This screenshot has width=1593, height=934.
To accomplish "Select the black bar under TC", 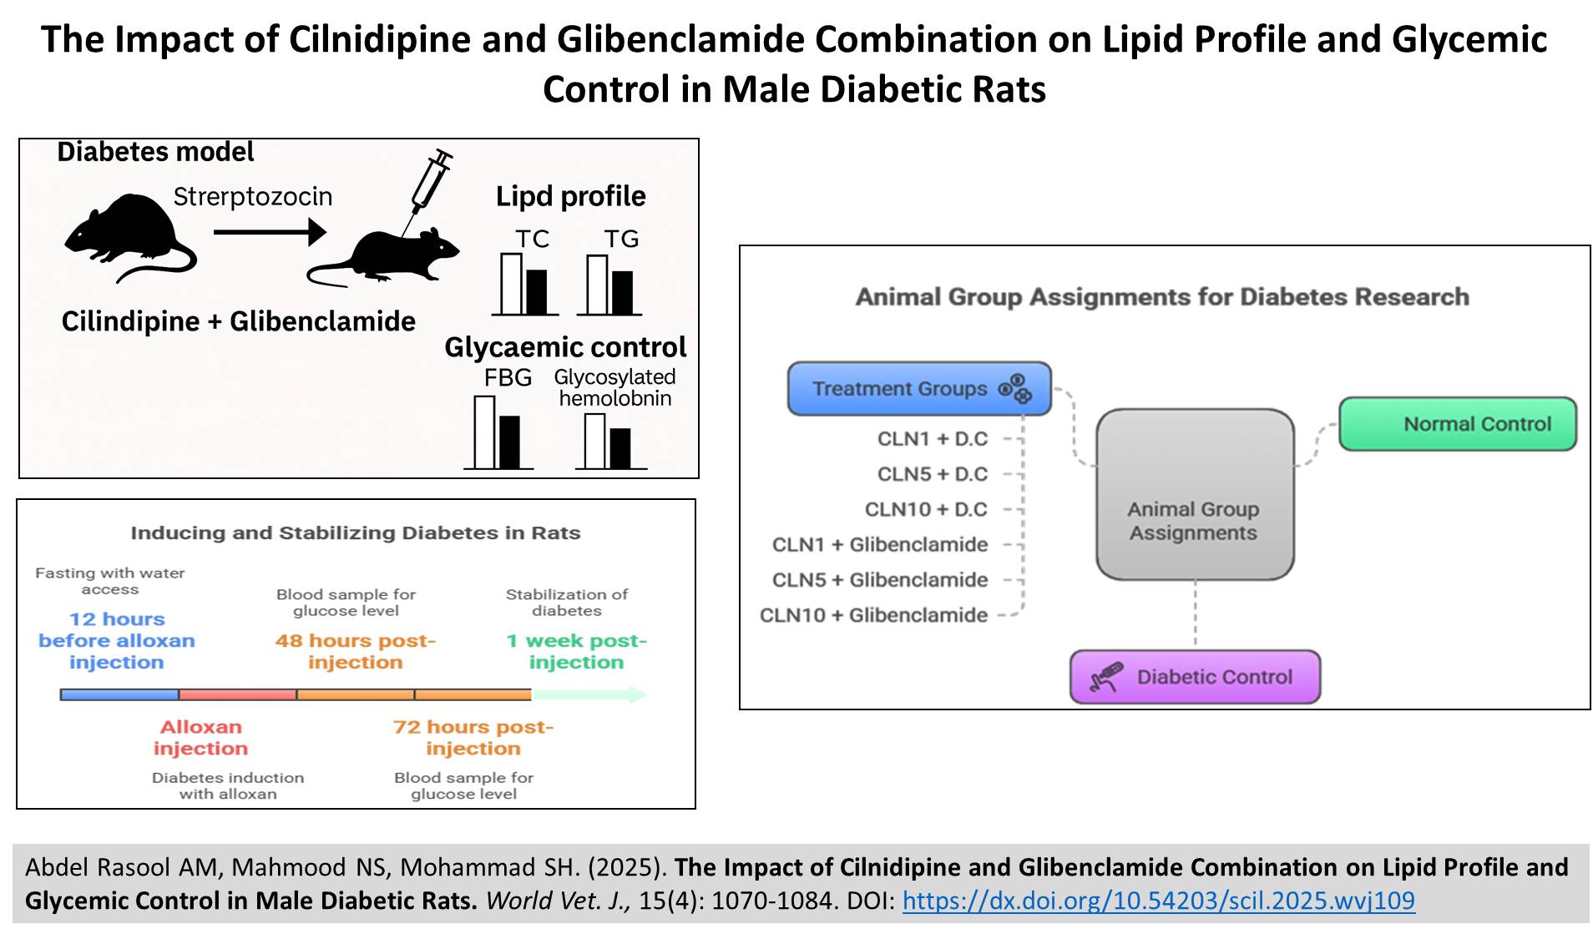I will [x=536, y=291].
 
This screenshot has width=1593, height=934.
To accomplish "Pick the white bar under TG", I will [x=597, y=285].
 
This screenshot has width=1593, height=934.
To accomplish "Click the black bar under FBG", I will [x=509, y=442].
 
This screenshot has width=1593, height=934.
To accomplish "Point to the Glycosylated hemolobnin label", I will [x=615, y=388].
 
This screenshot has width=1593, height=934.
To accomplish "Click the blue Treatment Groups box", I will [x=918, y=389].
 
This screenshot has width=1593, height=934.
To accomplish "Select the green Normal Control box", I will [x=1457, y=424].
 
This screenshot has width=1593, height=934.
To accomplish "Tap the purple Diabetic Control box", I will [x=1195, y=677].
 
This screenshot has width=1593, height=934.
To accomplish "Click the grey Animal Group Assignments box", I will [x=1194, y=494].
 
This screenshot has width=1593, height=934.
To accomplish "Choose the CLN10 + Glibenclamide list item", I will [x=873, y=615].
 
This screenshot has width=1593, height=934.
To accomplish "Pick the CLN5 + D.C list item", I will [x=932, y=474].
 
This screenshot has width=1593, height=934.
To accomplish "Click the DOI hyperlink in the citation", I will [x=1158, y=901].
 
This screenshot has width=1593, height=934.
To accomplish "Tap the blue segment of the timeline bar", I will [x=119, y=694].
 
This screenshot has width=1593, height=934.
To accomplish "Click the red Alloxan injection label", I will [x=200, y=738].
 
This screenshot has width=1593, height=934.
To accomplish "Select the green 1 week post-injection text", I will [x=576, y=651].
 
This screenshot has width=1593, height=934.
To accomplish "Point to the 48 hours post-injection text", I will [x=356, y=651].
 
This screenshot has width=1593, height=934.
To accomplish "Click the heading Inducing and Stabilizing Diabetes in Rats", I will [x=355, y=533].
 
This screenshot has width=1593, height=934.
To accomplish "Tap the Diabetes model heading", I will [x=155, y=152].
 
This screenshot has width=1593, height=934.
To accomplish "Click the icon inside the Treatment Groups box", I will [x=1015, y=389].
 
